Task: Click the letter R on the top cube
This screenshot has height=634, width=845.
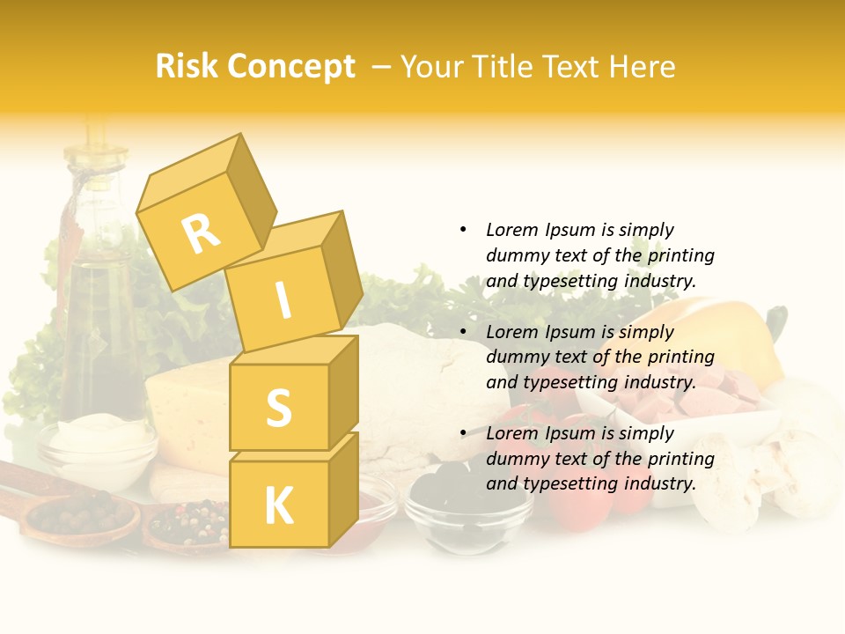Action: tap(201, 233)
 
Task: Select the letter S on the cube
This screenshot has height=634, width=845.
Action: tap(278, 408)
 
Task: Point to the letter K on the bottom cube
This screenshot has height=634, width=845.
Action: tap(278, 505)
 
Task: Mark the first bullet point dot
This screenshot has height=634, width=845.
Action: tap(463, 230)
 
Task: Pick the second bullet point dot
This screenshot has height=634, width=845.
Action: tap(463, 332)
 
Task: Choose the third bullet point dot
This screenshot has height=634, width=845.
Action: tap(463, 433)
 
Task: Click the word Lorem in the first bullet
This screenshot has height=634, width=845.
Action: tap(511, 230)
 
